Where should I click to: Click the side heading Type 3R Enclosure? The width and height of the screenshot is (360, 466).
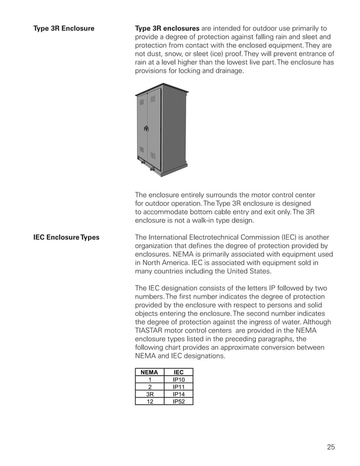[x=64, y=28]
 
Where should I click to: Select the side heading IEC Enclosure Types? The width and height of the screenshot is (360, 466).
[x=66, y=238]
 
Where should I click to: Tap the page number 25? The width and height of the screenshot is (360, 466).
[x=331, y=447]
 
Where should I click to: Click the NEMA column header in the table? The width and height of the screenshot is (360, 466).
[x=149, y=372]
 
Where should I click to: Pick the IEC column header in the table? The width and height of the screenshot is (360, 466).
[x=178, y=372]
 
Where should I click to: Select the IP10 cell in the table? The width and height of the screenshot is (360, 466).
[x=178, y=380]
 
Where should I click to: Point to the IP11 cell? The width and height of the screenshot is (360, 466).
[x=178, y=387]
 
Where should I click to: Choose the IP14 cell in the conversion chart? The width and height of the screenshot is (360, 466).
[x=178, y=394]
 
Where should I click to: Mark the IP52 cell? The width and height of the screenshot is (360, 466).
[x=178, y=402]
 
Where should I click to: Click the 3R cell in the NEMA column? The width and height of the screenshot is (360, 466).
[x=149, y=394]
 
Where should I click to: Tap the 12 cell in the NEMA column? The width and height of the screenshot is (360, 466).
[x=149, y=402]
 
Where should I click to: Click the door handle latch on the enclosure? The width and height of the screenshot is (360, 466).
[x=146, y=129]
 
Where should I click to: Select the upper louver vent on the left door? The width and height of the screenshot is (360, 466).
[x=142, y=102]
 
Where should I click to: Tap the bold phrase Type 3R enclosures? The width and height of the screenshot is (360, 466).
[x=167, y=28]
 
